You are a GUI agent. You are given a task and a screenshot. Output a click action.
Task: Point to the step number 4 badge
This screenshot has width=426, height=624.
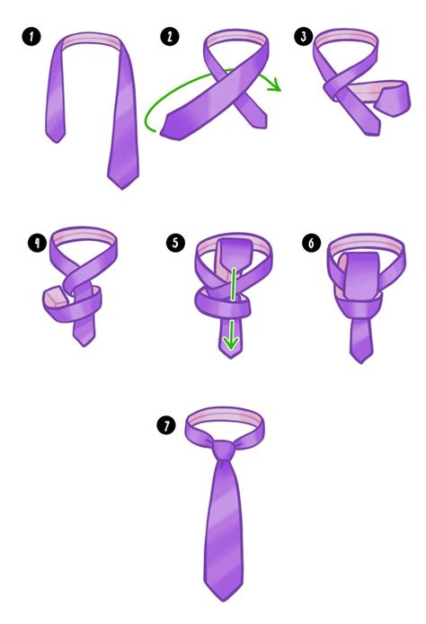(x=36, y=242)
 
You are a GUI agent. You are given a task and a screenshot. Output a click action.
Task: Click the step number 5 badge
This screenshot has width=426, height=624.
(x=173, y=242)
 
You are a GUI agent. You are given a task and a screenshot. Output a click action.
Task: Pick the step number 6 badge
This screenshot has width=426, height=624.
(x=310, y=242)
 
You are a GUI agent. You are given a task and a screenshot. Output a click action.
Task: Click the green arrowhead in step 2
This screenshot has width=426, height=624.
(x=276, y=87)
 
